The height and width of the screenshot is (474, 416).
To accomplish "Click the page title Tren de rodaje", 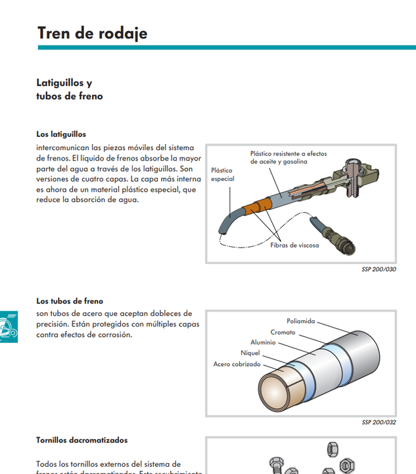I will pyautogui.click(x=92, y=33).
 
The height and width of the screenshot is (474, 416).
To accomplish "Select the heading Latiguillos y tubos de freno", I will pyautogui.click(x=69, y=90).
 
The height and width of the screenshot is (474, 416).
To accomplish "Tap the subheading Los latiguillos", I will pyautogui.click(x=61, y=134).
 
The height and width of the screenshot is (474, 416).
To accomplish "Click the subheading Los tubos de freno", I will pyautogui.click(x=70, y=302).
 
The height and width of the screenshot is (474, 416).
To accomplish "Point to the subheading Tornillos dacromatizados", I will pyautogui.click(x=81, y=440).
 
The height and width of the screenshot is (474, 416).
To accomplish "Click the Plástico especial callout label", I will pyautogui.click(x=222, y=174).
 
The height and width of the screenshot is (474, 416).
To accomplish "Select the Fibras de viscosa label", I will pyautogui.click(x=294, y=246).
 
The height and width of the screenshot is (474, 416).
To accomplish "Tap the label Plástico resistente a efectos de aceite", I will pyautogui.click(x=288, y=157).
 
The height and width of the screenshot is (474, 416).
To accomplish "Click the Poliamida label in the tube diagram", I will pyautogui.click(x=300, y=321).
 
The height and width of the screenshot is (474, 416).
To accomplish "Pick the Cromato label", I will pyautogui.click(x=283, y=332).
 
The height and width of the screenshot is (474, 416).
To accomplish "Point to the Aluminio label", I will pyautogui.click(x=263, y=342).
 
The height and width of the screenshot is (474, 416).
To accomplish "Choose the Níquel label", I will pyautogui.click(x=250, y=353).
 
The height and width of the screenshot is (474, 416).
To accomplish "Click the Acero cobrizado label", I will pyautogui.click(x=237, y=364).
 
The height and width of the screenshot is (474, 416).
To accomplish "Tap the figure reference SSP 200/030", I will pyautogui.click(x=379, y=269).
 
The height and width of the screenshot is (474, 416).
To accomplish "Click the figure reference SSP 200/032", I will pyautogui.click(x=379, y=423).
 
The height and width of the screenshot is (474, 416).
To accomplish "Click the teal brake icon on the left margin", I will pyautogui.click(x=8, y=325).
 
